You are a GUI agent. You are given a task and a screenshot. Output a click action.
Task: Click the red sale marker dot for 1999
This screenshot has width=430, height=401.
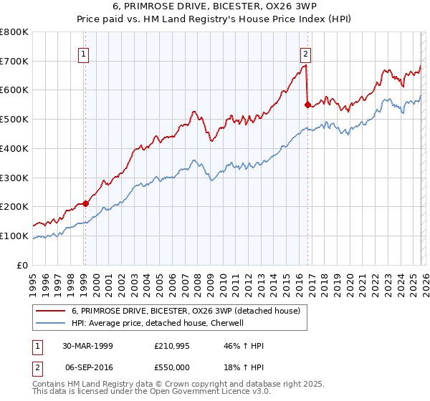point(85,203)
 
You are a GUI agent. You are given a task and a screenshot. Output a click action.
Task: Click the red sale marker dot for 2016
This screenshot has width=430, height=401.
point(307,105)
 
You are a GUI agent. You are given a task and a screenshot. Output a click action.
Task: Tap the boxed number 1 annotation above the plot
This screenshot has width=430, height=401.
point(85,53)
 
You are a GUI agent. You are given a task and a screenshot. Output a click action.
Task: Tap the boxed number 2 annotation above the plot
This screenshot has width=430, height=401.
point(306,53)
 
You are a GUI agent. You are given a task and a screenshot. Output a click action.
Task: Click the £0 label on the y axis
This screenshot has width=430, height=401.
point(23,265)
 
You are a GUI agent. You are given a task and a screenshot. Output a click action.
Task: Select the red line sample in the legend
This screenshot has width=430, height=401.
point(51,311)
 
